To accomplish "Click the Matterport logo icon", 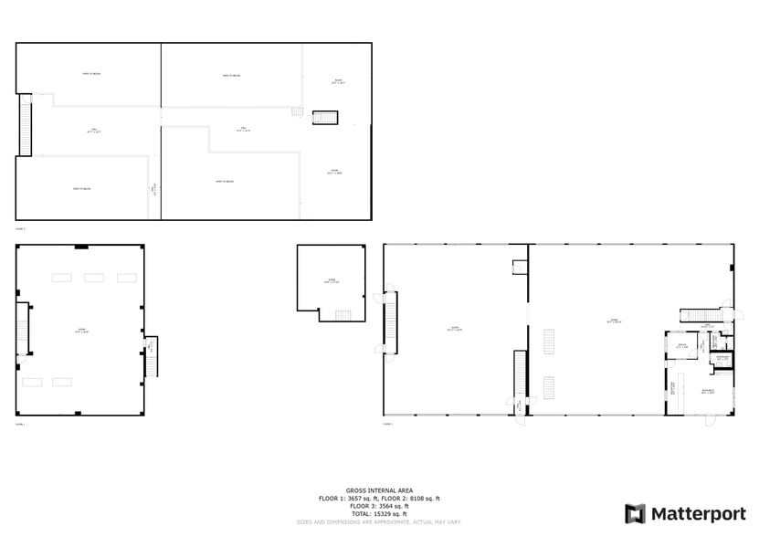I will [x=635, y=513].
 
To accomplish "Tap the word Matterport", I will [x=697, y=514].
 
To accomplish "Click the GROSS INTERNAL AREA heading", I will [x=379, y=490].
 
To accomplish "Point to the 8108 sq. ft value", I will [x=425, y=498].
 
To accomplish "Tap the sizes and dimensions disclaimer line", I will [x=379, y=521].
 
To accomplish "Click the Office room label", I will [x=680, y=346].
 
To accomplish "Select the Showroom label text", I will [x=707, y=391].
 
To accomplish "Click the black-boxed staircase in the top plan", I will [x=325, y=117].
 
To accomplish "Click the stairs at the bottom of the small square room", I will [x=343, y=315].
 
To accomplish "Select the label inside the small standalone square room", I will [x=331, y=280].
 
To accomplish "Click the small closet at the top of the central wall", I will [x=521, y=268].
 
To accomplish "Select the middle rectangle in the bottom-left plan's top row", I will [x=94, y=277].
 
